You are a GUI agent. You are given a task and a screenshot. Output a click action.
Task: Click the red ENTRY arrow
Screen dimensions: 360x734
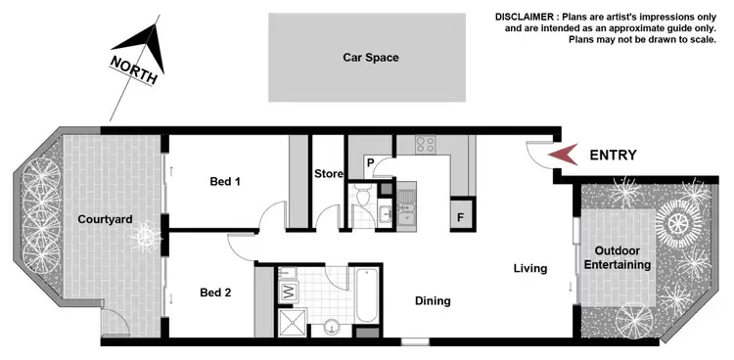(x=561, y=155)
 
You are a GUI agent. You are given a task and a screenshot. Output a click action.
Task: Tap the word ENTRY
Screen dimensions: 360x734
(x=613, y=155)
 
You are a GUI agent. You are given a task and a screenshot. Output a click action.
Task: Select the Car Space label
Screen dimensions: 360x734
(x=370, y=58)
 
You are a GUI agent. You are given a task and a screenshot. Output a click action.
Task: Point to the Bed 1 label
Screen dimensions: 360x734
(x=225, y=181)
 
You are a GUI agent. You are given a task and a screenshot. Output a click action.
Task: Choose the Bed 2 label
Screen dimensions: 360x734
(x=214, y=292)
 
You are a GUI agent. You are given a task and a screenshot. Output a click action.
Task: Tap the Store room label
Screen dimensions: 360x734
(x=328, y=174)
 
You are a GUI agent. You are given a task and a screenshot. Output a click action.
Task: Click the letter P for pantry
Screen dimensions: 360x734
(x=372, y=162)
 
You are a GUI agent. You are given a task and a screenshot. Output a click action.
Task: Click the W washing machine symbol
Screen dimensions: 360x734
(x=288, y=292)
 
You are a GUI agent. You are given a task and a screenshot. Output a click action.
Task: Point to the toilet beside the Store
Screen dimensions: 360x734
(x=363, y=201)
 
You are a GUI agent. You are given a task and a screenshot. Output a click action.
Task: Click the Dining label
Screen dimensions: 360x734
(x=432, y=301)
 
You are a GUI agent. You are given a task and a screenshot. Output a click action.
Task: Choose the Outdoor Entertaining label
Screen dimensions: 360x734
(x=622, y=256)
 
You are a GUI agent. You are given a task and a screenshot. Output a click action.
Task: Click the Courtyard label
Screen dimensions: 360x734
(x=105, y=219)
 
